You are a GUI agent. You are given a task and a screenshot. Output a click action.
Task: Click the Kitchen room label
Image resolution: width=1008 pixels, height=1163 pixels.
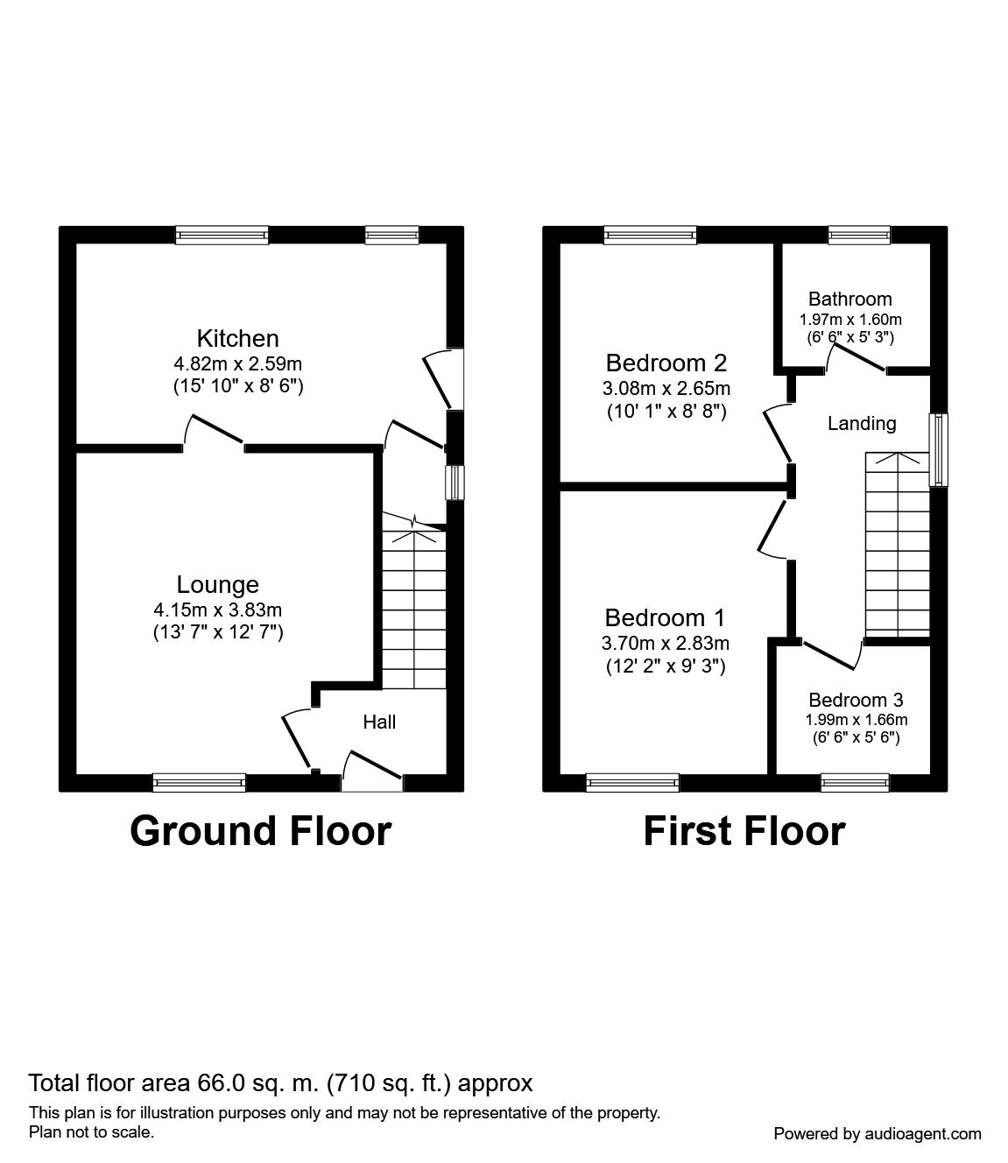237,339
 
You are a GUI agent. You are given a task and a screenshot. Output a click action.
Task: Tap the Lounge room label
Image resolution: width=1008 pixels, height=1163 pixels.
218,585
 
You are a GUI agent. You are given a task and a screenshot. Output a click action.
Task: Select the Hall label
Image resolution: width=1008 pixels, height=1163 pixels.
379,722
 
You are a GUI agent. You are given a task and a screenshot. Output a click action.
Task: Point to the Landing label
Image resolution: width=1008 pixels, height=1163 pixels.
862,424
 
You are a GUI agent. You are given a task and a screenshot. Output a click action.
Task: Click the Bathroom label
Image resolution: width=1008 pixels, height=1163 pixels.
849,299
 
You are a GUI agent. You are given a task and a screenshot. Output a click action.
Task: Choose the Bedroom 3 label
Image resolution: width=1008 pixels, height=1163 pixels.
856,700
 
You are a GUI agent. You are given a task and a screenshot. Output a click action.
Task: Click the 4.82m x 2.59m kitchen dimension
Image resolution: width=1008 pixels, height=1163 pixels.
237,364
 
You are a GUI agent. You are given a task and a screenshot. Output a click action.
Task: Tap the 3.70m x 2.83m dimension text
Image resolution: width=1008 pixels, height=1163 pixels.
666,643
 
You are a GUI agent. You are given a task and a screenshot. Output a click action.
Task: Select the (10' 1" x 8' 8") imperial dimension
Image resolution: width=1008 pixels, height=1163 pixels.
666,412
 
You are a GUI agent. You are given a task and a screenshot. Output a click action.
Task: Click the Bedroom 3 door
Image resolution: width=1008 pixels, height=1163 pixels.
831,655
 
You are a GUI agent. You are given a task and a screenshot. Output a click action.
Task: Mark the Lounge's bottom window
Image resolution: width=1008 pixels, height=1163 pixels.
200,783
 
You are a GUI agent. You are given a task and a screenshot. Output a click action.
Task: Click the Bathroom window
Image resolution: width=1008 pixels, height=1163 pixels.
859,235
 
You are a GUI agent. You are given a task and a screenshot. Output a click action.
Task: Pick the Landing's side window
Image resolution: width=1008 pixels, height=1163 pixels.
938,449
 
